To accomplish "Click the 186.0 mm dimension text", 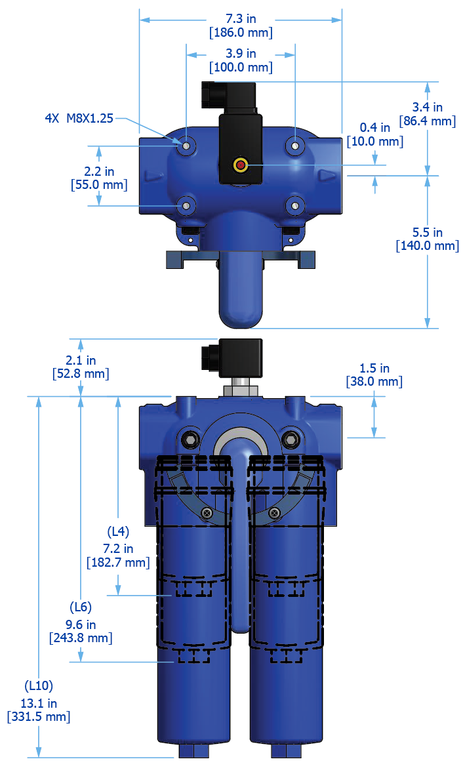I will click(241, 33).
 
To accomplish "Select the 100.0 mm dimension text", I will click(241, 67).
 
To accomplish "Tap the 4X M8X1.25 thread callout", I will click(79, 118).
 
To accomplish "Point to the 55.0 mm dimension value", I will click(99, 184).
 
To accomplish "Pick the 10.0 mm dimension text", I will click(375, 141).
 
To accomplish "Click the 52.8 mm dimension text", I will click(80, 373).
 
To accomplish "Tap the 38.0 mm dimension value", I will click(374, 381).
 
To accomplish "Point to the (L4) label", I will click(118, 531).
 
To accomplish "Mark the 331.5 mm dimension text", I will click(38, 716).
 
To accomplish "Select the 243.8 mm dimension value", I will click(81, 637).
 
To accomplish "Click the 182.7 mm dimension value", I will click(118, 562).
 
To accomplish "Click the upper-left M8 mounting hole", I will click(187, 145).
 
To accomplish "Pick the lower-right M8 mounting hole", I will click(295, 206).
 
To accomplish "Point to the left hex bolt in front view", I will click(191, 438).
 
